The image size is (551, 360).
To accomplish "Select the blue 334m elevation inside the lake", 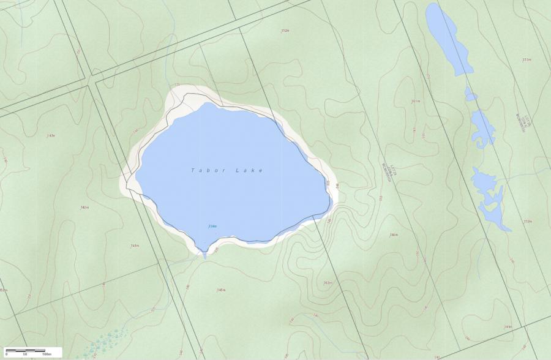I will point(212,227).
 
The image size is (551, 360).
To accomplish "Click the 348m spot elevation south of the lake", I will point(221,290).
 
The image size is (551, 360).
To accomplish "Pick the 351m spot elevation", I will point(416,101).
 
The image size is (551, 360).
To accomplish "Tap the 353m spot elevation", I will point(527,59).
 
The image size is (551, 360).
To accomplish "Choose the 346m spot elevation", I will point(394,234).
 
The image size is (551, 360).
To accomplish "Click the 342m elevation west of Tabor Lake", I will point(84,208).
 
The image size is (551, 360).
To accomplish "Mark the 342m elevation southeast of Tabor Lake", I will point(328,283).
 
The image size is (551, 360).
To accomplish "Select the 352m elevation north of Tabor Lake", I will point(285,31).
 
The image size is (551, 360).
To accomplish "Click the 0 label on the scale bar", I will point(6,354).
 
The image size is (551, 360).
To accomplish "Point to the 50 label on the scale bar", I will point(25,354).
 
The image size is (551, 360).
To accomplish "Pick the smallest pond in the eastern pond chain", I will point(470,95).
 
